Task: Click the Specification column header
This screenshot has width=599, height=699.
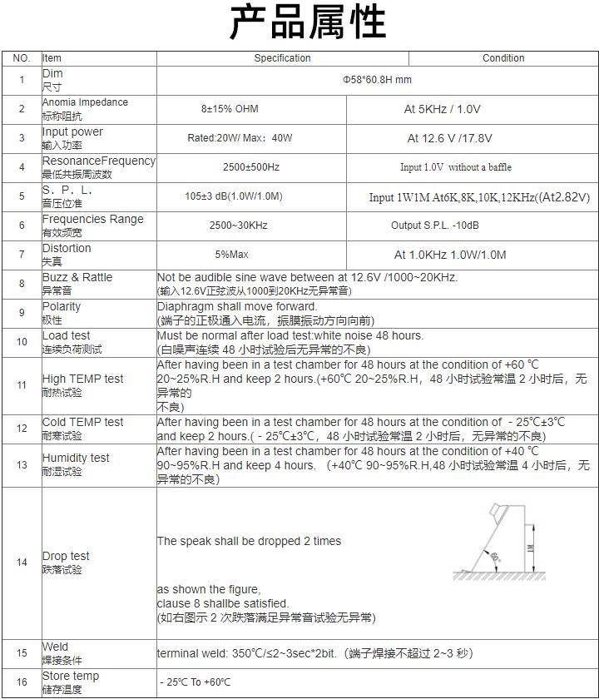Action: [x=282, y=58]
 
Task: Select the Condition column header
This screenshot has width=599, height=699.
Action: [x=503, y=58]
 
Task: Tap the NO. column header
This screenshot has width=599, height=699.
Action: [x=22, y=58]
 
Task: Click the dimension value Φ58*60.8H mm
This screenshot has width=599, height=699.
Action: [x=377, y=80]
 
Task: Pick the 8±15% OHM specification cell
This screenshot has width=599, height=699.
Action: [x=230, y=109]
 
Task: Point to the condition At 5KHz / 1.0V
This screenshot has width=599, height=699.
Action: [x=442, y=109]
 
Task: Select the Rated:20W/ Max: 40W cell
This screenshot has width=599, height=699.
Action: [x=240, y=138]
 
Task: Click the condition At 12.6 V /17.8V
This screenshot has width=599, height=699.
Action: [x=449, y=138]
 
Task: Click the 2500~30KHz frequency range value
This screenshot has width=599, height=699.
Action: [x=238, y=226]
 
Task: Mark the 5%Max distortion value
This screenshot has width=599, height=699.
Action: [x=231, y=255]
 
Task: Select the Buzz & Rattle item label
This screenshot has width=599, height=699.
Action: [x=77, y=277]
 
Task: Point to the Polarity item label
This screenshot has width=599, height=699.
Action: [x=62, y=306]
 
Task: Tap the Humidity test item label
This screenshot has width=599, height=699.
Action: [x=76, y=458]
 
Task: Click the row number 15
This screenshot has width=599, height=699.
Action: [x=22, y=653]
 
